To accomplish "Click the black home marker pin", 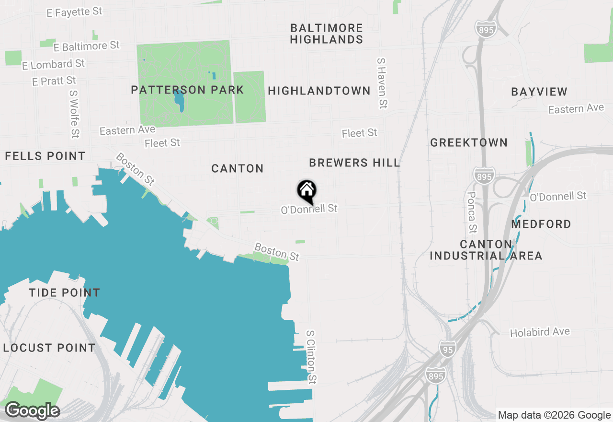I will (306, 191).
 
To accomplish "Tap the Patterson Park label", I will (187, 90).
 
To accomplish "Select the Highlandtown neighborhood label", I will (319, 91).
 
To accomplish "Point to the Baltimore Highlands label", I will (326, 34).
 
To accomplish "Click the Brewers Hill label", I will (354, 163).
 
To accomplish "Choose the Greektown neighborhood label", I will (468, 142).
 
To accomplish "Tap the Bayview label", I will (539, 92).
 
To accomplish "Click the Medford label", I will (541, 224).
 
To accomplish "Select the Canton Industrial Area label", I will (486, 250).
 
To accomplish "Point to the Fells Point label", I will (45, 156).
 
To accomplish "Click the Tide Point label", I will (64, 293).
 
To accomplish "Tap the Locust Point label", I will (49, 348).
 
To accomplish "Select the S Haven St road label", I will (382, 83).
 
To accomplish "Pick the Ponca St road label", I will (472, 211).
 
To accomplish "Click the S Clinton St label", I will (312, 357).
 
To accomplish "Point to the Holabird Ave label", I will (540, 332).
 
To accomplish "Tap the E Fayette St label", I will (74, 12).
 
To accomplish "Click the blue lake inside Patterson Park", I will (180, 99).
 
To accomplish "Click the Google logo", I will (32, 410).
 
